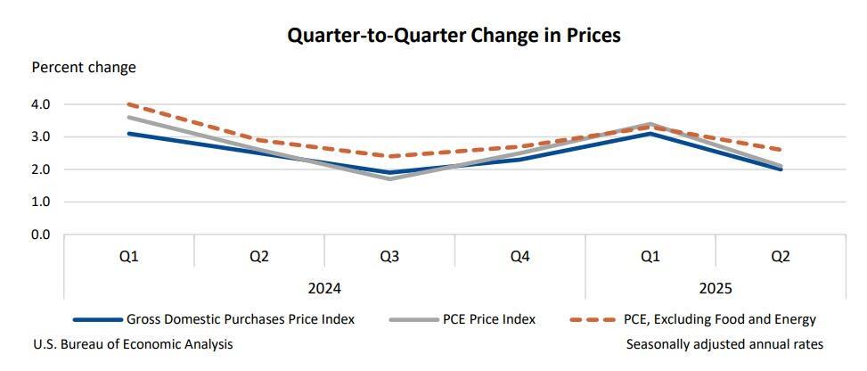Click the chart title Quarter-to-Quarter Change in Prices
(454, 36)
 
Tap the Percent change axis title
(84, 67)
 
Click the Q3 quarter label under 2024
(389, 256)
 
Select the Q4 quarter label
(519, 256)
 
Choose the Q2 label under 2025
(781, 256)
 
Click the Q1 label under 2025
(650, 256)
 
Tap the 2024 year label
(324, 288)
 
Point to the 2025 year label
(716, 288)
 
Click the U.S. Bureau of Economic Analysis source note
(133, 344)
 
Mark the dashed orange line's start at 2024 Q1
(129, 104)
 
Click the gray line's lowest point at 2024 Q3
(389, 178)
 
